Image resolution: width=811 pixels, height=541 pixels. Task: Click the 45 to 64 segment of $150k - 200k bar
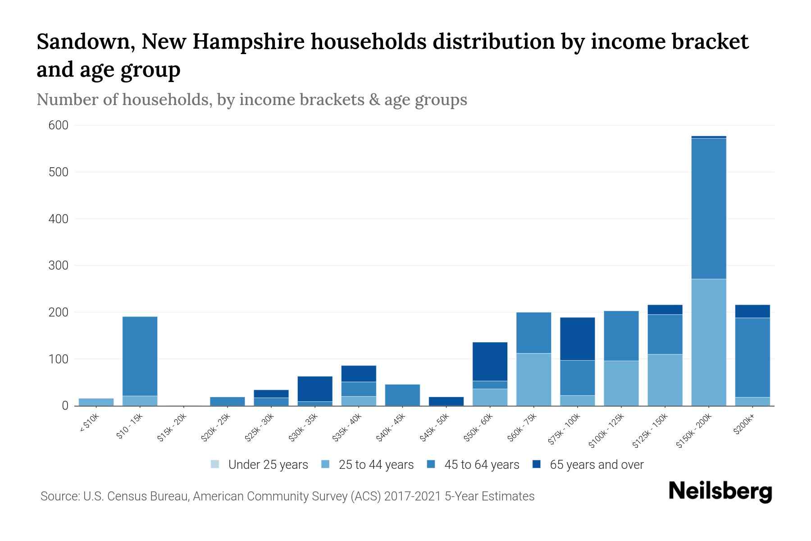pyautogui.click(x=708, y=208)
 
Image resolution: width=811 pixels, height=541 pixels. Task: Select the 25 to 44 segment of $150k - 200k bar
pyautogui.click(x=708, y=343)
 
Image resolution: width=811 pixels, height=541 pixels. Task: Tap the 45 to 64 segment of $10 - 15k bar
pyautogui.click(x=140, y=356)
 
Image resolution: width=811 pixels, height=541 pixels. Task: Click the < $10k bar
pyautogui.click(x=96, y=402)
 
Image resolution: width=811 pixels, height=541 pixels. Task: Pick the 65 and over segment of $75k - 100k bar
pyautogui.click(x=577, y=339)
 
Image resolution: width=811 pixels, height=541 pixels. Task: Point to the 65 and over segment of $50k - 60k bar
pyautogui.click(x=490, y=362)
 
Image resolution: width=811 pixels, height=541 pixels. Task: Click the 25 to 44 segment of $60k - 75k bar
pyautogui.click(x=533, y=380)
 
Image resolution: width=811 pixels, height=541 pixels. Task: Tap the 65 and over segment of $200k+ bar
pyautogui.click(x=752, y=312)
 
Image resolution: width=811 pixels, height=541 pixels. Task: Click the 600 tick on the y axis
pyautogui.click(x=58, y=125)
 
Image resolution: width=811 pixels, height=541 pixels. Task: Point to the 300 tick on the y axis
pyautogui.click(x=58, y=266)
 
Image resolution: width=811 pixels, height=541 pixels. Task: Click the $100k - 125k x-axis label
pyautogui.click(x=606, y=431)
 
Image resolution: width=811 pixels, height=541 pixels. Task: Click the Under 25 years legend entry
pyautogui.click(x=260, y=465)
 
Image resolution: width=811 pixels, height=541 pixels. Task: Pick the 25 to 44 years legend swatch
pyautogui.click(x=325, y=464)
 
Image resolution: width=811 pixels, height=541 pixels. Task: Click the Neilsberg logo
pyautogui.click(x=720, y=492)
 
